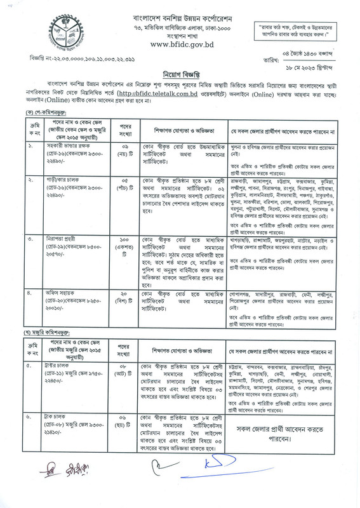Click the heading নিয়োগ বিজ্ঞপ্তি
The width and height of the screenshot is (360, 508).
[x=181, y=72]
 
